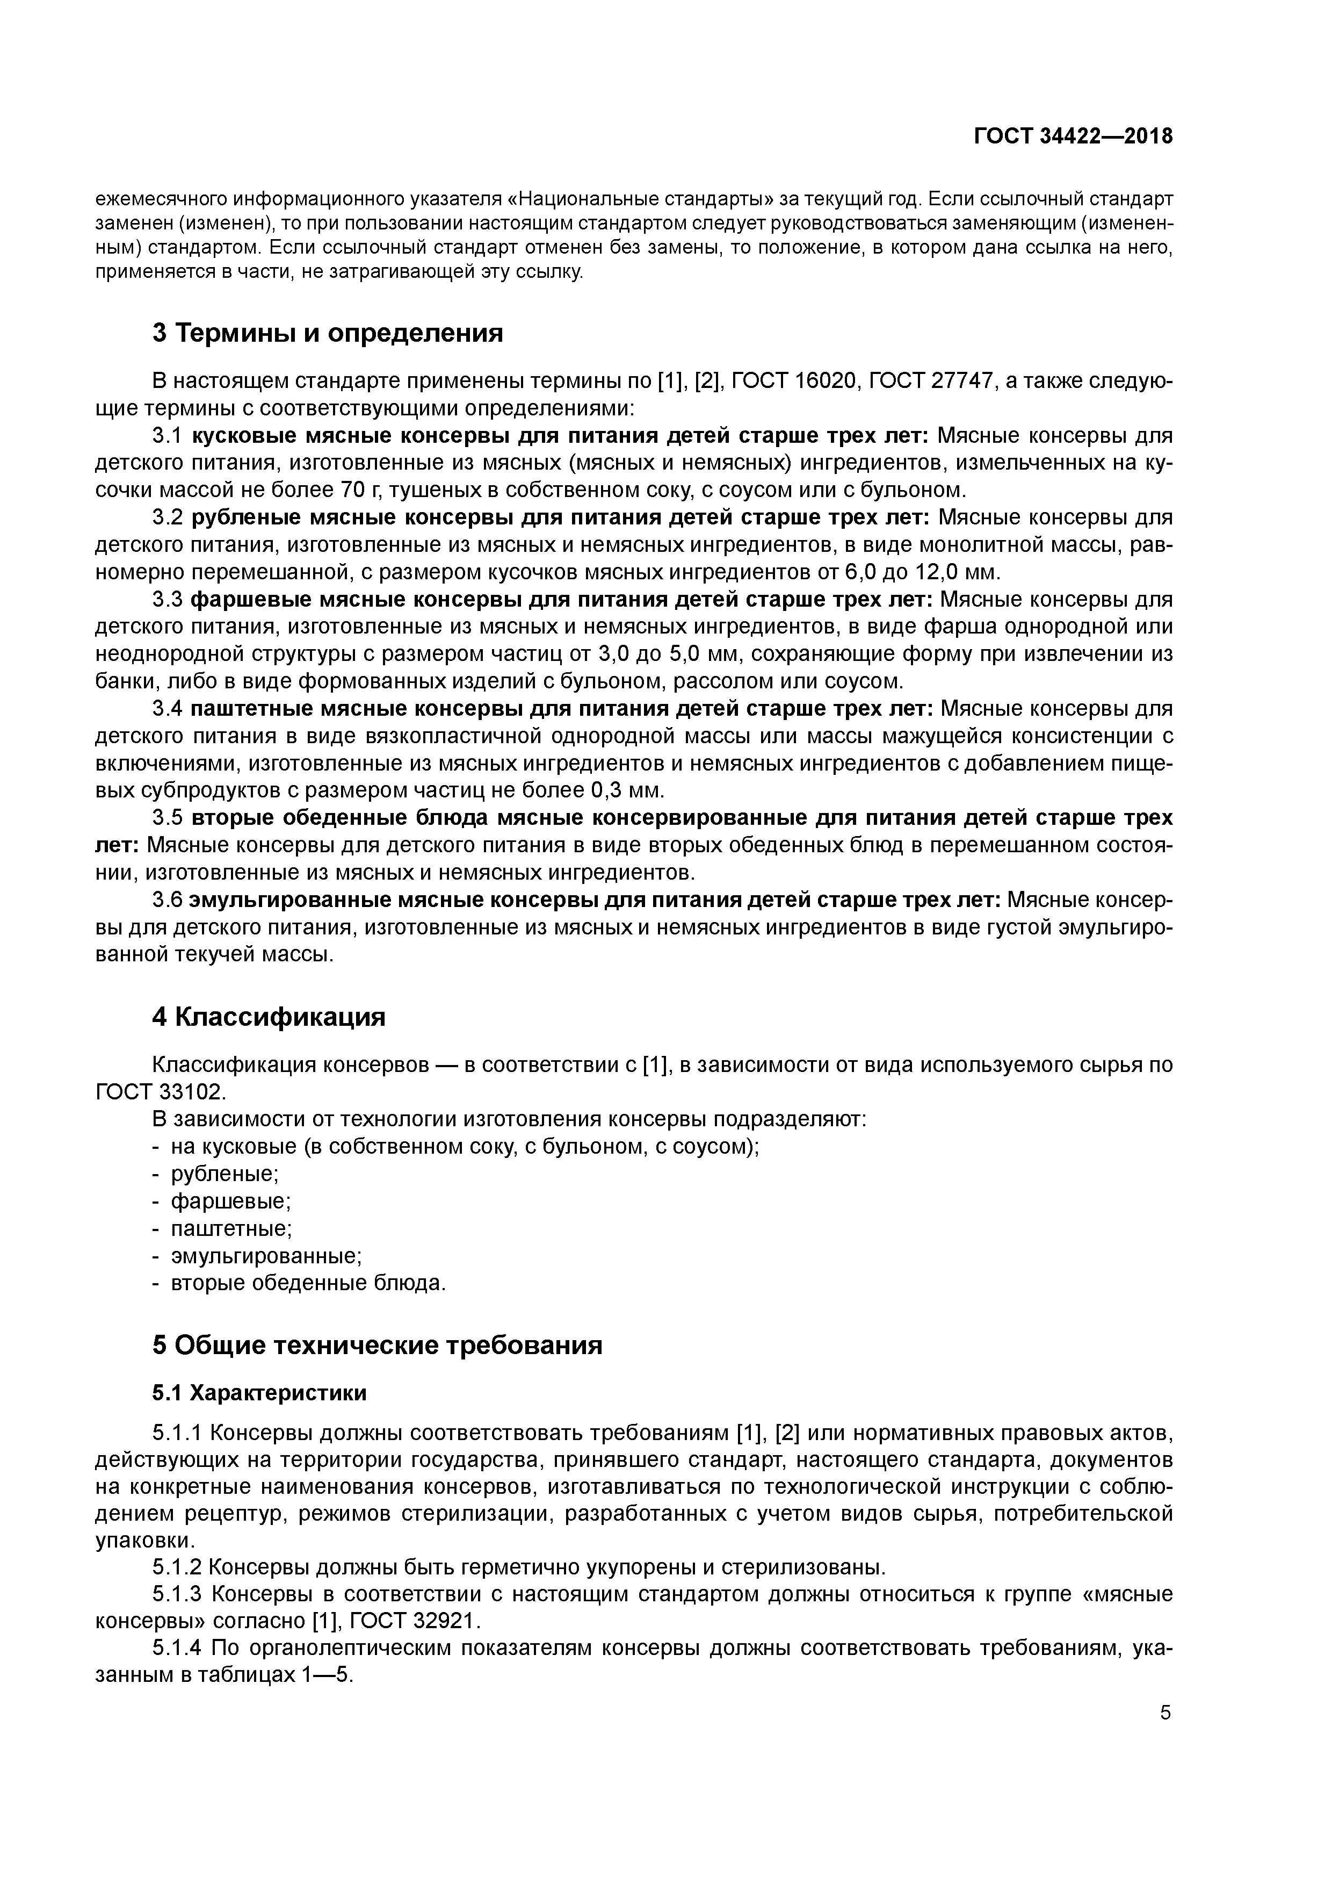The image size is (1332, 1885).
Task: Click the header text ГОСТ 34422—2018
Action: [x=1073, y=136]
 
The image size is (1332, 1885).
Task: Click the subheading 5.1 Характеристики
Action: [x=259, y=1393]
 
